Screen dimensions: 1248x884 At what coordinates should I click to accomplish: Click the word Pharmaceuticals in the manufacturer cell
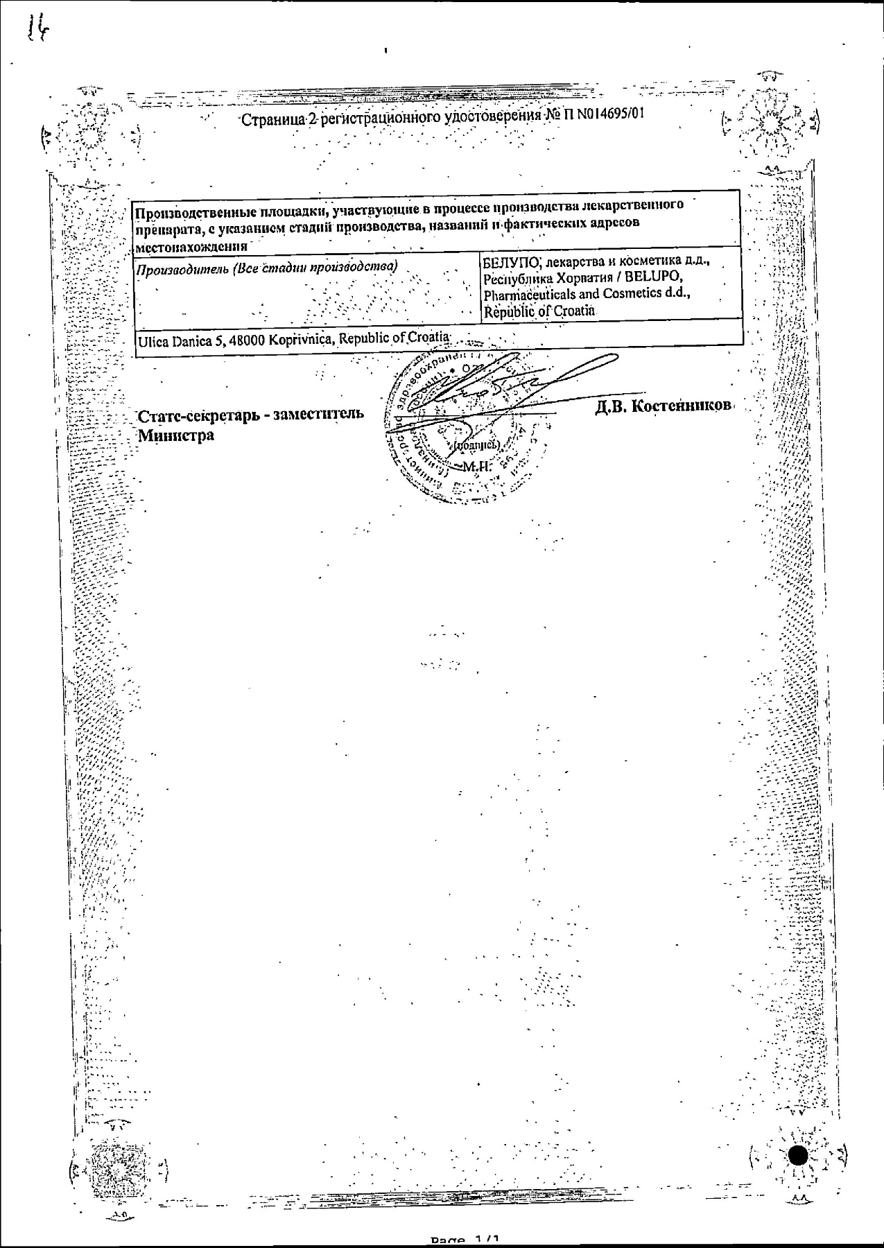tap(530, 295)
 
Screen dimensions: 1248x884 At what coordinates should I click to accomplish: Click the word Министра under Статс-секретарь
tap(176, 435)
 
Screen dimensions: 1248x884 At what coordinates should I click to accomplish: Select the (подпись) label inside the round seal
tap(477, 447)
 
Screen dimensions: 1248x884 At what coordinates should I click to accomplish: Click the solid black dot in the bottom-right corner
tap(799, 1156)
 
